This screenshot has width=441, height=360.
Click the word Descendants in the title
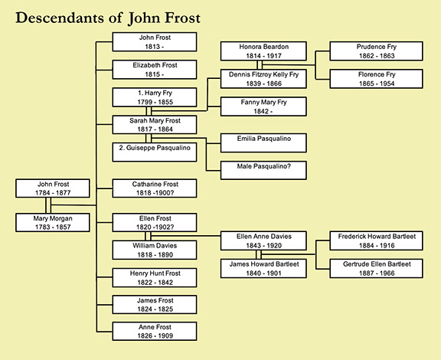pyautogui.click(x=60, y=18)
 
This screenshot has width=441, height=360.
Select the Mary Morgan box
pyautogui.click(x=53, y=222)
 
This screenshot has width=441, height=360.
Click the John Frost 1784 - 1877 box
pyautogui.click(x=53, y=188)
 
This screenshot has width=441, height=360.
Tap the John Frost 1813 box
pyautogui.click(x=155, y=41)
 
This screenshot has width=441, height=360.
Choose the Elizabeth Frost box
pyautogui.click(x=155, y=70)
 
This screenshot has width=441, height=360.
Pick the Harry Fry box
pyautogui.click(x=155, y=97)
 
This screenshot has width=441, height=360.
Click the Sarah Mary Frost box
pyautogui.click(x=155, y=125)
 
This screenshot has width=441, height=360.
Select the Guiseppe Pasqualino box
pyautogui.click(x=155, y=152)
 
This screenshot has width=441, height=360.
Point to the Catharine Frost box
pyautogui.click(x=155, y=188)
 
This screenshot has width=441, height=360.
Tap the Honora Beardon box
pyautogui.click(x=263, y=51)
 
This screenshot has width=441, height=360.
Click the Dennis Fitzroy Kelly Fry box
pyautogui.click(x=263, y=79)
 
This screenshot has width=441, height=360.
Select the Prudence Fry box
pyautogui.click(x=377, y=51)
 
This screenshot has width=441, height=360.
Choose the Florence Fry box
pyautogui.click(x=377, y=79)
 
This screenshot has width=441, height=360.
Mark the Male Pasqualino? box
pyautogui.click(x=263, y=170)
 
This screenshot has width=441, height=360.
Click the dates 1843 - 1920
pyautogui.click(x=264, y=245)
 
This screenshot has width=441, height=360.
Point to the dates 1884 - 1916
pyautogui.click(x=377, y=245)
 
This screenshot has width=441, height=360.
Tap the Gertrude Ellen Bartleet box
pyautogui.click(x=377, y=269)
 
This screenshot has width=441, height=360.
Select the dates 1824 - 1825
pyautogui.click(x=155, y=309)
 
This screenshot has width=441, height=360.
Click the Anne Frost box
pyautogui.click(x=155, y=332)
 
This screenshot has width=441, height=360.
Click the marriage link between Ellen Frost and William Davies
pyautogui.click(x=148, y=236)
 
